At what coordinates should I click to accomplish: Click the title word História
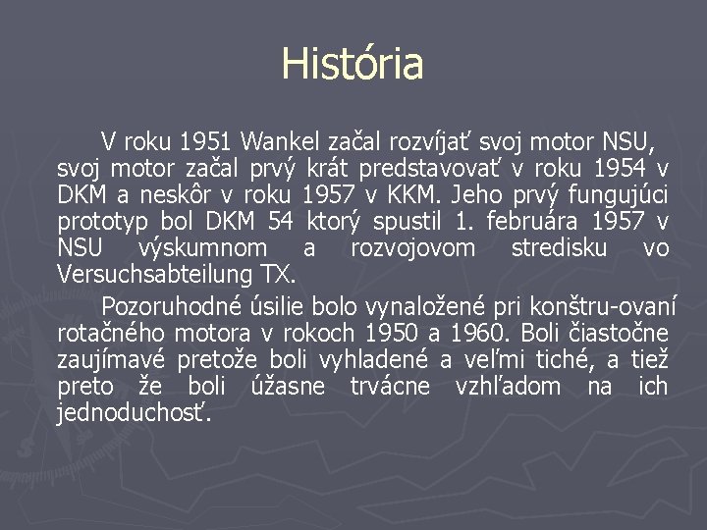pyautogui.click(x=353, y=65)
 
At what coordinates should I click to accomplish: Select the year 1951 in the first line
pyautogui.click(x=206, y=139)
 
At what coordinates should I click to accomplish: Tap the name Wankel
pyautogui.click(x=280, y=139)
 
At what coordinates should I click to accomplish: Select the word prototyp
pyautogui.click(x=100, y=223)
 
